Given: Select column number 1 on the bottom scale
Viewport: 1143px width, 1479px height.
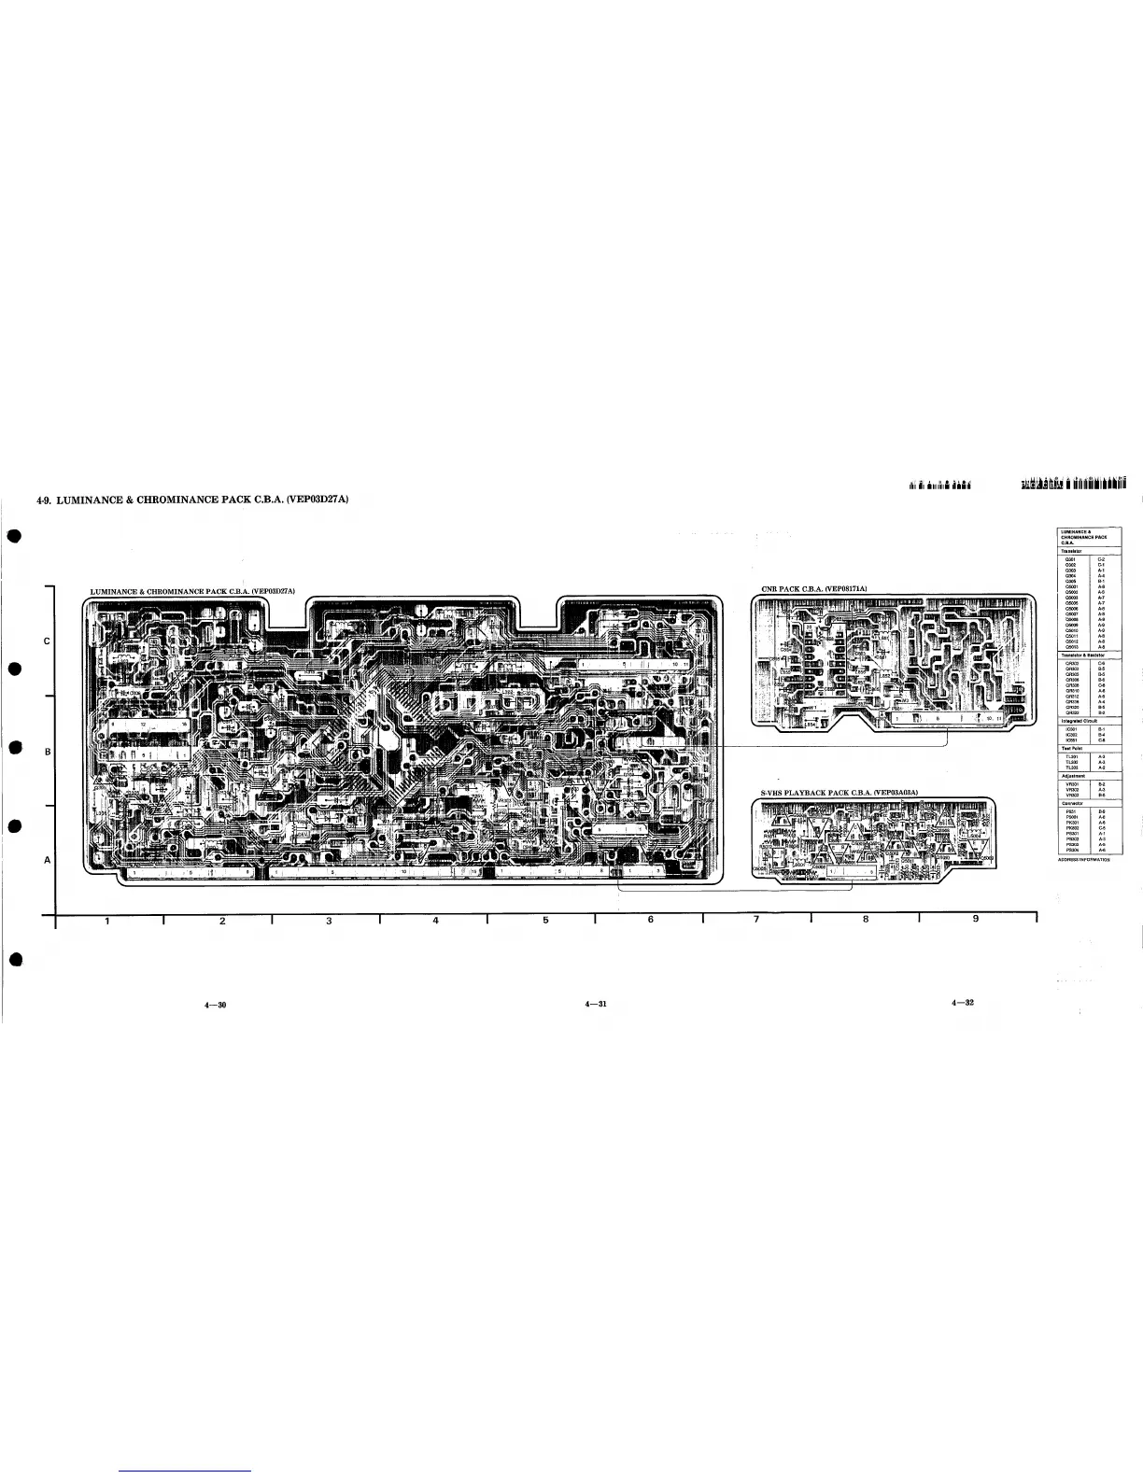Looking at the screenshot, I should (x=107, y=922).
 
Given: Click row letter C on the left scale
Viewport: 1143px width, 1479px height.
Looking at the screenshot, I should (x=47, y=641).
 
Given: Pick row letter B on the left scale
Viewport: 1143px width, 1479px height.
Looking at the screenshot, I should (x=47, y=751).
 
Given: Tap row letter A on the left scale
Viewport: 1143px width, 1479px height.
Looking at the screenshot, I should (x=47, y=860).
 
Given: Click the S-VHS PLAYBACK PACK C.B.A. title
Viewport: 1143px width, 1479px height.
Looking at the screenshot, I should (x=840, y=792).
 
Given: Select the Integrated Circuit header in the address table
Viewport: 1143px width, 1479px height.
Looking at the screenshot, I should (x=1082, y=720).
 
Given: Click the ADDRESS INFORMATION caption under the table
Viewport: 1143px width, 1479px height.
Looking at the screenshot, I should (x=1084, y=859).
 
